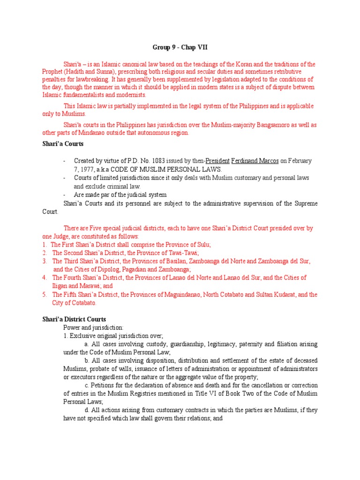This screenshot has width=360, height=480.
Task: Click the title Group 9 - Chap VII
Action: click(180, 47)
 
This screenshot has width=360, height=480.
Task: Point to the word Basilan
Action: click(180, 261)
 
